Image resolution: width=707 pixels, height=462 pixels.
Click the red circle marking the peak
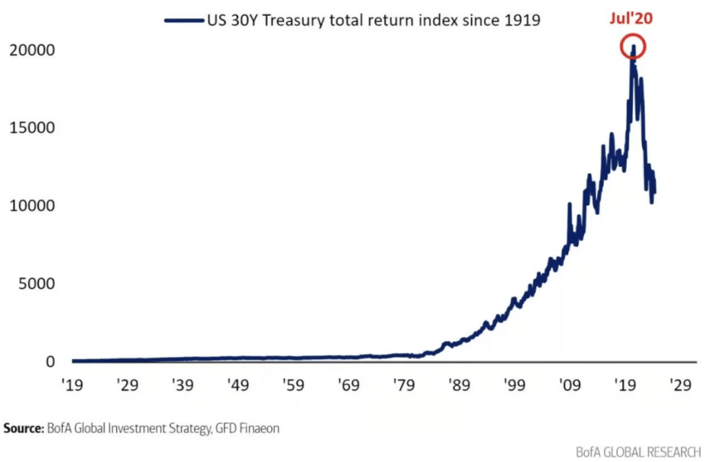[632, 47]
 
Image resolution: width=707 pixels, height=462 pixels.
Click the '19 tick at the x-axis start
[73, 384]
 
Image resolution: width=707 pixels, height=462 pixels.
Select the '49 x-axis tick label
[238, 384]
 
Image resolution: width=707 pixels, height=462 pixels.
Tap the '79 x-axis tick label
[404, 384]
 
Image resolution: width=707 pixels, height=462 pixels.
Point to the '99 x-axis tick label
[514, 384]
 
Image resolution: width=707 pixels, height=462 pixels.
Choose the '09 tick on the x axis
[570, 384]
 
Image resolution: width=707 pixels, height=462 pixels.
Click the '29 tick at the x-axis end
[680, 384]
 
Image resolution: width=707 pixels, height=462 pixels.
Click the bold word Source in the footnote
[23, 429]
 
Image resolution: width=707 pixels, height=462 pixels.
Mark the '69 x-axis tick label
[349, 384]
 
